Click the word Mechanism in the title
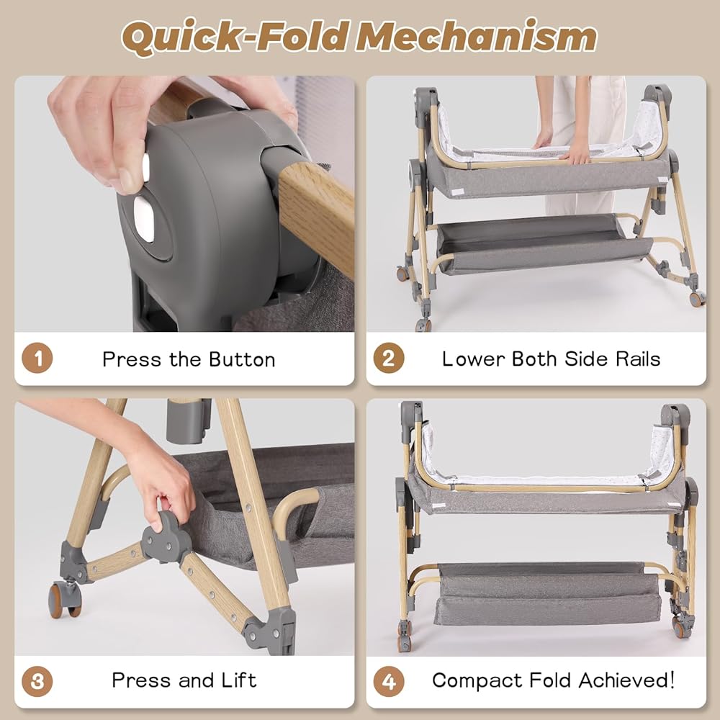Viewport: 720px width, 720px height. pyautogui.click(x=476, y=37)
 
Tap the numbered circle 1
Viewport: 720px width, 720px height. pyautogui.click(x=37, y=358)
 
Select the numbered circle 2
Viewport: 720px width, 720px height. pyautogui.click(x=389, y=358)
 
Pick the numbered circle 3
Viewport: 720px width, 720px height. pyautogui.click(x=37, y=681)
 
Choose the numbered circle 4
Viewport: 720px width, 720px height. pyautogui.click(x=389, y=681)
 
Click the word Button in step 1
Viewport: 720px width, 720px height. pyautogui.click(x=242, y=359)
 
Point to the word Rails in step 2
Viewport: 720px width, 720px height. pyautogui.click(x=638, y=359)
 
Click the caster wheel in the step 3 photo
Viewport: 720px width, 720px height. pyautogui.click(x=66, y=599)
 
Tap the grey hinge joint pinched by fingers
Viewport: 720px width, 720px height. pyautogui.click(x=166, y=537)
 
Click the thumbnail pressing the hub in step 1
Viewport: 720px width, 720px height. pyautogui.click(x=145, y=167)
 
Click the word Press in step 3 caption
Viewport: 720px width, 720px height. pyautogui.click(x=141, y=680)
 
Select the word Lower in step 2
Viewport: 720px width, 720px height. pyautogui.click(x=474, y=359)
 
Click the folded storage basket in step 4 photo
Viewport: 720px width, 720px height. pyautogui.click(x=546, y=593)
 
